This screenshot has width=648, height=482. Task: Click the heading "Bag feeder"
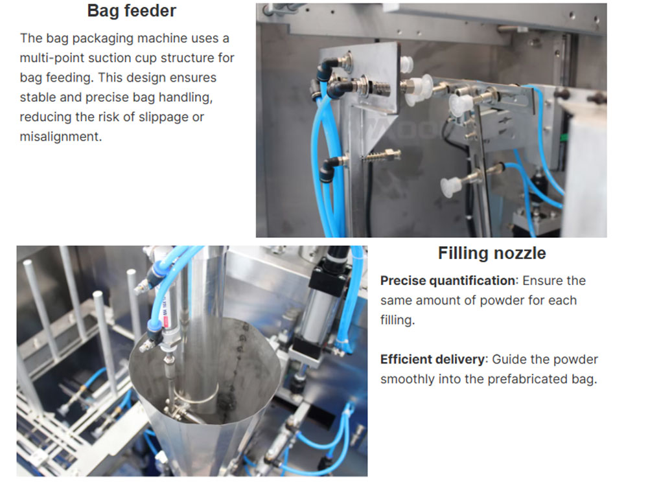click(x=132, y=11)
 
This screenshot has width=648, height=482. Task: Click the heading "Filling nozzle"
click(x=492, y=253)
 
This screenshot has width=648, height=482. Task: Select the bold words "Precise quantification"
click(x=448, y=281)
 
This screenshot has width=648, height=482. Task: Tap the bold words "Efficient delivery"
click(x=432, y=360)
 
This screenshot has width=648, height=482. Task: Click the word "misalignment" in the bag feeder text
click(x=60, y=137)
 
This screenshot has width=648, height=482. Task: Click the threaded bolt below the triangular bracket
click(x=381, y=155)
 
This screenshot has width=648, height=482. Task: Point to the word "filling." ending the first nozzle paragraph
click(x=397, y=320)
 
